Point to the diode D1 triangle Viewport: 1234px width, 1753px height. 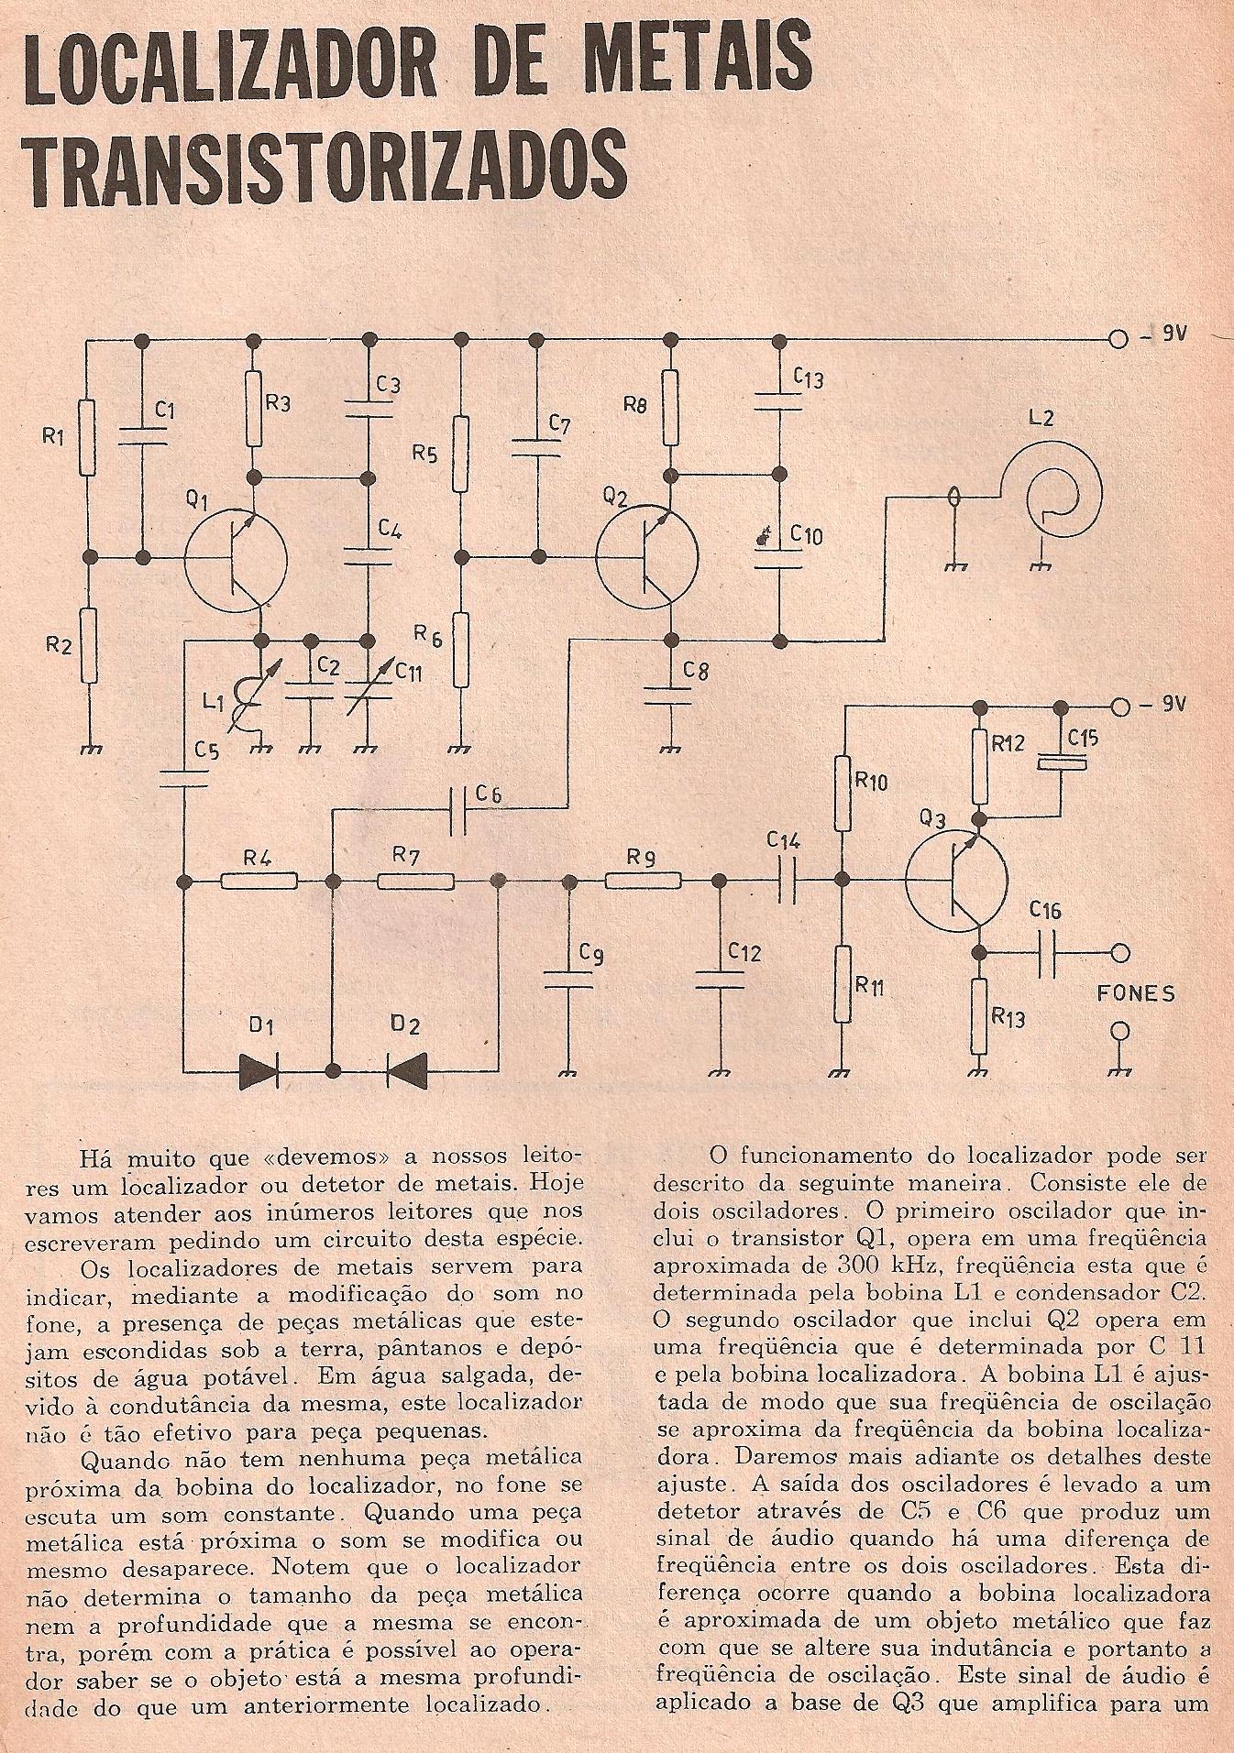pyautogui.click(x=258, y=1069)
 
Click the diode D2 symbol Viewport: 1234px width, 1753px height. pyautogui.click(x=406, y=1069)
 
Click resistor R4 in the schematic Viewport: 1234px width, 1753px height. pyautogui.click(x=259, y=882)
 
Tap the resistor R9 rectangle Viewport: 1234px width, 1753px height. pyautogui.click(x=643, y=882)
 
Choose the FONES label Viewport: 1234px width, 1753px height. pyautogui.click(x=1135, y=993)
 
